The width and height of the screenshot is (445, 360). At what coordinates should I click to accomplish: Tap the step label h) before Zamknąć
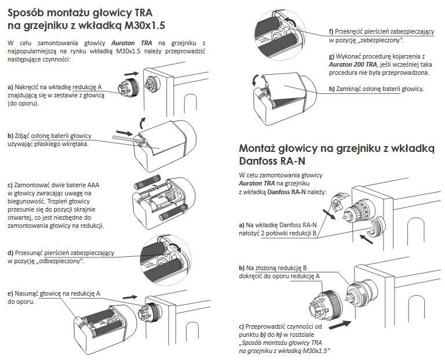tap(332, 89)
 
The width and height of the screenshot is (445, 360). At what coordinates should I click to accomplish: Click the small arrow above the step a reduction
tap(132, 74)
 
